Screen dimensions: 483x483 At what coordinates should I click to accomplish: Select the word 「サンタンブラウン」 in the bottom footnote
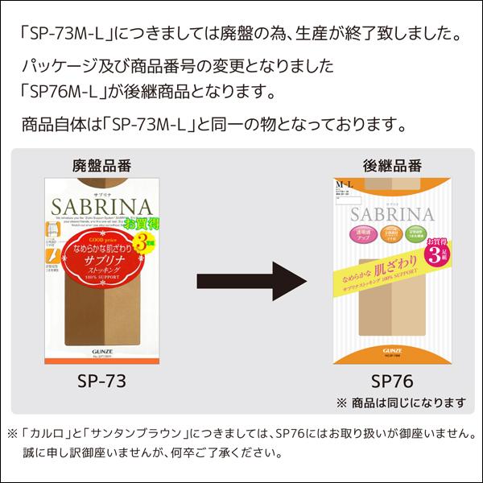(136, 433)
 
